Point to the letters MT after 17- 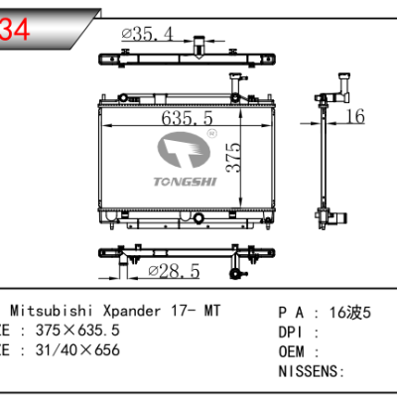tap(212, 311)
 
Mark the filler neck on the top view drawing tap(198, 45)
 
